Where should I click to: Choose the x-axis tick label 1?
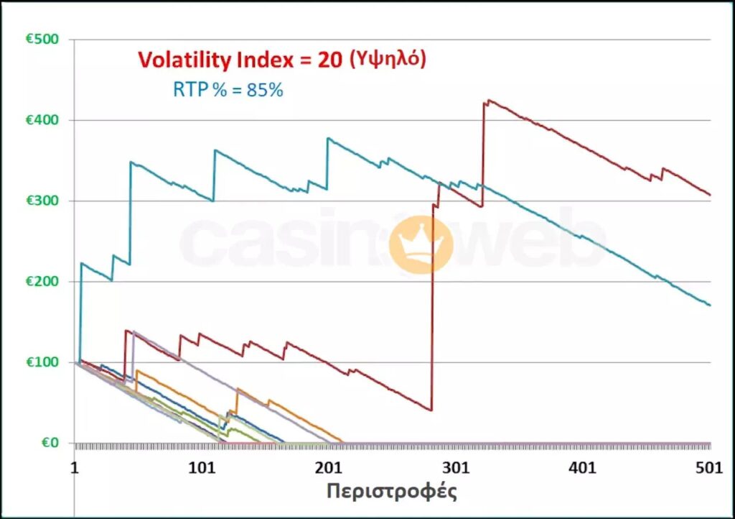(x=75, y=467)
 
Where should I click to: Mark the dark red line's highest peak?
(x=489, y=101)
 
